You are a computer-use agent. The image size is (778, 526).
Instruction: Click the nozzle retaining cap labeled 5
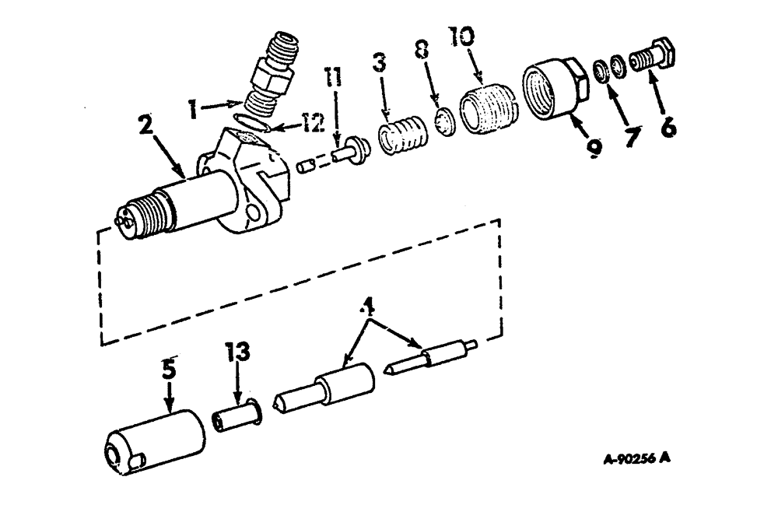(153, 444)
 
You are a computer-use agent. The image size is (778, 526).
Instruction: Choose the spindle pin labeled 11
(345, 151)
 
